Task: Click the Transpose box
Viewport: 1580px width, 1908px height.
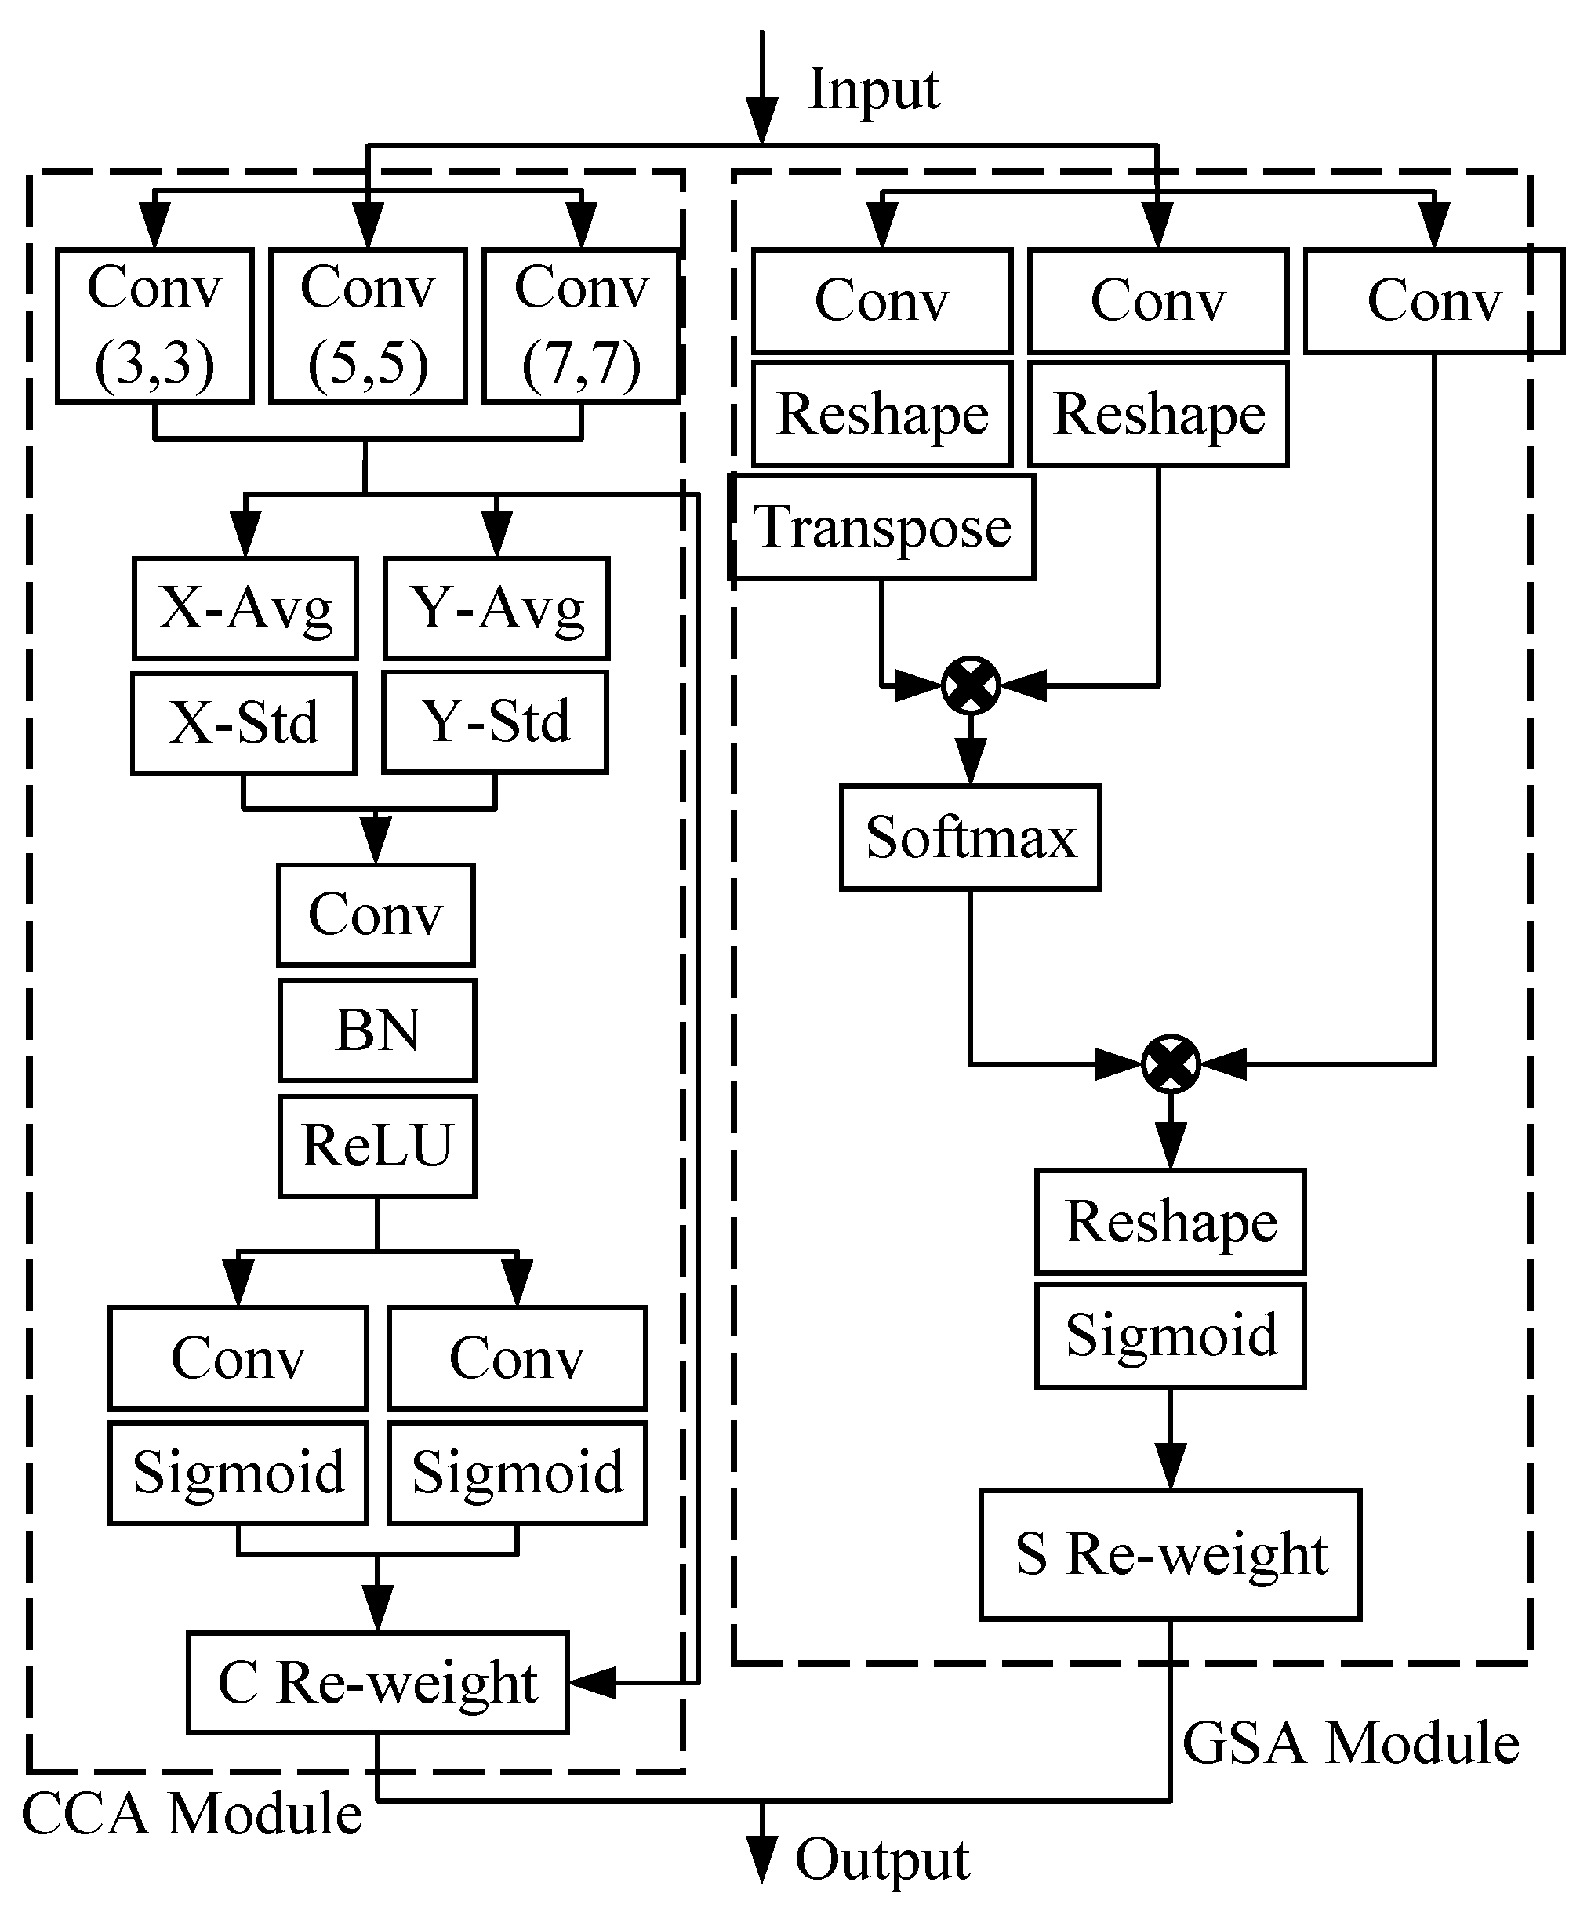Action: pos(881,527)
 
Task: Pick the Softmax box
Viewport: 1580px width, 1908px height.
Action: pos(969,837)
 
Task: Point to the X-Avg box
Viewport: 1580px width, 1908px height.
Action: pos(245,608)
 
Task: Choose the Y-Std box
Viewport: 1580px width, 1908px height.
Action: pos(495,722)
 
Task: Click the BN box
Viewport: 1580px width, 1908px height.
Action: pos(377,1030)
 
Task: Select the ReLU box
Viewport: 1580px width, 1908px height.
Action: pos(377,1145)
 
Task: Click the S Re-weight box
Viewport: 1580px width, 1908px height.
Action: pos(1170,1554)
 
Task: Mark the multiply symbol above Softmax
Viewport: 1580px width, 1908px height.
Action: pos(971,685)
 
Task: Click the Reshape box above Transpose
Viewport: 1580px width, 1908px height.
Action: pos(881,414)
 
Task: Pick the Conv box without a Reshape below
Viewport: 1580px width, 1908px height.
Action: pos(1433,300)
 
